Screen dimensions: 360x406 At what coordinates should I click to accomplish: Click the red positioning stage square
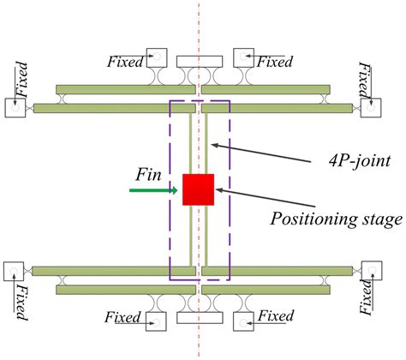[198, 189]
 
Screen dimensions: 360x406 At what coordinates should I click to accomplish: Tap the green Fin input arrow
[154, 189]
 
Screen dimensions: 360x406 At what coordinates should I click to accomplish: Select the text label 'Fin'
[148, 173]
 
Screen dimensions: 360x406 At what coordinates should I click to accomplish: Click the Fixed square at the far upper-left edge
[16, 108]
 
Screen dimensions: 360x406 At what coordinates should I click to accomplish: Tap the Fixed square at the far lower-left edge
[16, 272]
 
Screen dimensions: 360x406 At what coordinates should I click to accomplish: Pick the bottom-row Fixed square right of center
[242, 321]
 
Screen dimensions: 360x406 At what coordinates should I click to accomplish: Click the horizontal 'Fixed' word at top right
[275, 62]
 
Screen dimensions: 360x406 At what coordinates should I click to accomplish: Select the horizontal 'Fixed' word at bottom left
[122, 318]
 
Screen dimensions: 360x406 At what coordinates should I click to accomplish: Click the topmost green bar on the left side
[125, 89]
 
